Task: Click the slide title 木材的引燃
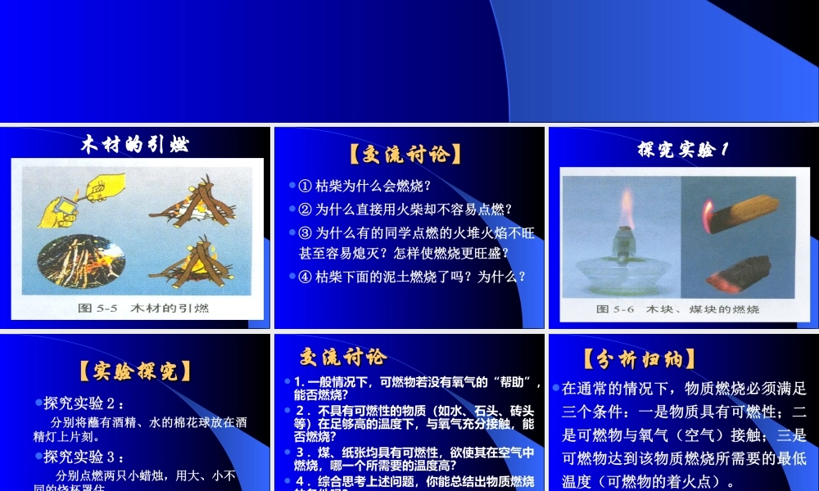pyautogui.click(x=135, y=145)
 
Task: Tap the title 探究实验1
pyautogui.click(x=683, y=149)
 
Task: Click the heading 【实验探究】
pyautogui.click(x=135, y=371)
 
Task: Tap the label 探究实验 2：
pyautogui.click(x=84, y=403)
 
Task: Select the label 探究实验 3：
pyautogui.click(x=84, y=457)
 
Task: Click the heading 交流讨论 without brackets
pyautogui.click(x=342, y=357)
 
